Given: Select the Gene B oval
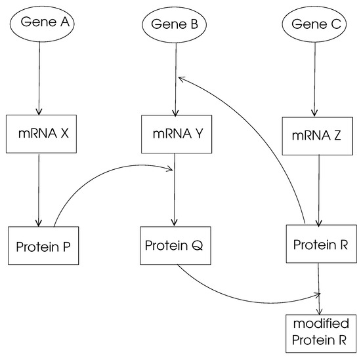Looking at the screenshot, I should coord(175,26).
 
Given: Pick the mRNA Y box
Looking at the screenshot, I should coord(174,134).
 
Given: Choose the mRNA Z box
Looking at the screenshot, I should coord(318,136).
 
